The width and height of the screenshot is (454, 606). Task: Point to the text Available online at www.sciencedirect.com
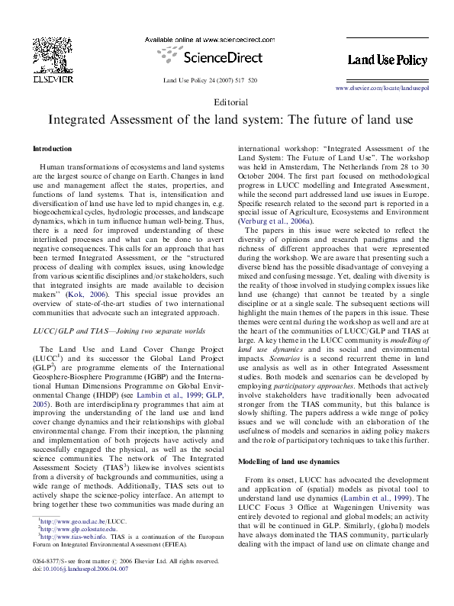[x=210, y=39]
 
